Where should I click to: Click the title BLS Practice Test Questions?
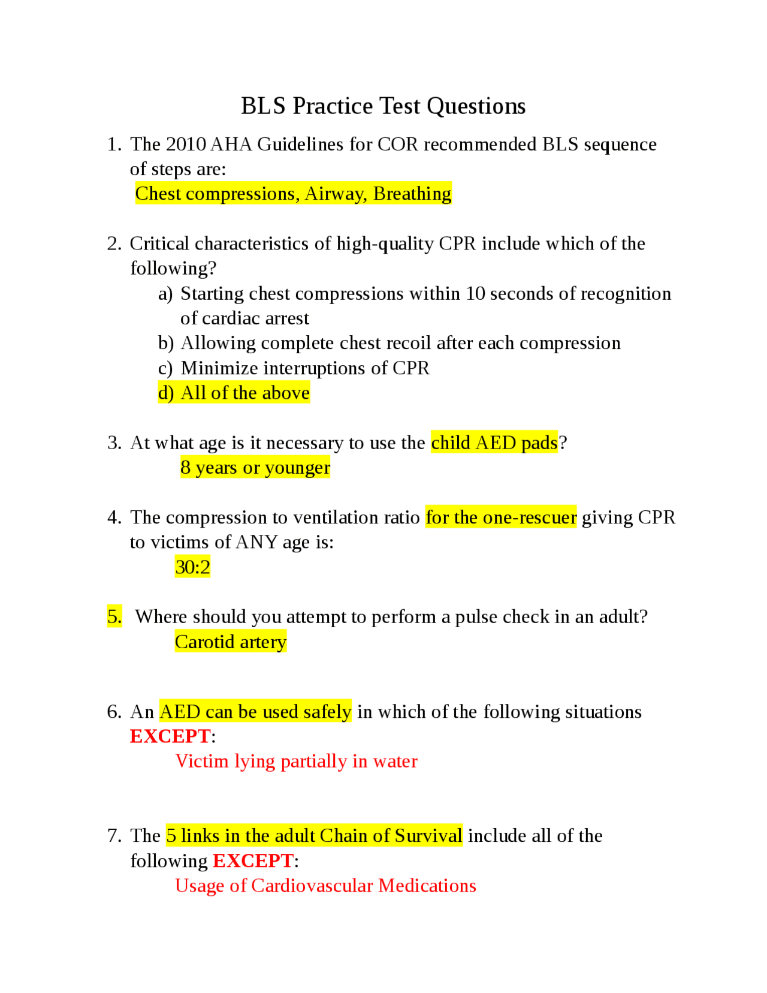[x=383, y=106]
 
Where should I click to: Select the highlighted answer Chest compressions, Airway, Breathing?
[x=293, y=194]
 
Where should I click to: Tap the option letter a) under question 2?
[x=165, y=294]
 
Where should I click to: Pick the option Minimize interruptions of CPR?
[x=305, y=368]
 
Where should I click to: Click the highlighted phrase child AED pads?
[x=494, y=443]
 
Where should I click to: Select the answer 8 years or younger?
[x=255, y=468]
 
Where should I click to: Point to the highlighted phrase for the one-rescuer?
[x=501, y=517]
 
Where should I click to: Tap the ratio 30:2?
[x=192, y=567]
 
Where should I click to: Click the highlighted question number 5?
[x=114, y=616]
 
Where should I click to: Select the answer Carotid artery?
[x=231, y=642]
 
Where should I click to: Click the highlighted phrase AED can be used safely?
[x=255, y=712]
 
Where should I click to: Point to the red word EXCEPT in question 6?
[x=170, y=736]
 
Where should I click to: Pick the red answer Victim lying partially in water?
[x=296, y=761]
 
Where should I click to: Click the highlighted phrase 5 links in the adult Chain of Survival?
[x=314, y=836]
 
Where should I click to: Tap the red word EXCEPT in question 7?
[x=253, y=861]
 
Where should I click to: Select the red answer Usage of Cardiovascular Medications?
[x=325, y=886]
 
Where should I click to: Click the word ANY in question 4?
[x=256, y=542]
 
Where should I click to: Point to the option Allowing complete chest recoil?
[x=401, y=343]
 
